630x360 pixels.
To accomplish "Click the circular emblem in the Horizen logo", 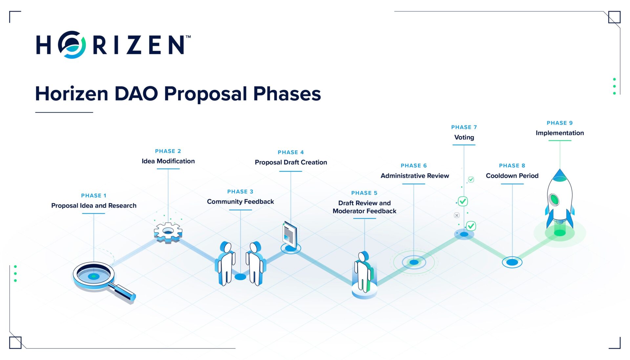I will tap(72, 45).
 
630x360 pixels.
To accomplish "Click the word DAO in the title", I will tap(136, 94).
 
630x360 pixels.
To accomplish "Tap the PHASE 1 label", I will tap(94, 196).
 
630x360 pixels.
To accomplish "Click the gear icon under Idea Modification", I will tap(168, 232).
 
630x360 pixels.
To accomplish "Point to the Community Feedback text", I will tap(240, 201).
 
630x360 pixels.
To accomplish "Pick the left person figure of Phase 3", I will tap(226, 263).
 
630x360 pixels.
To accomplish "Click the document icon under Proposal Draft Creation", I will tap(290, 235).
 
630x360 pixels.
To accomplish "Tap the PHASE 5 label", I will tap(364, 193).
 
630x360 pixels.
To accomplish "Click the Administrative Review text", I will tap(414, 176).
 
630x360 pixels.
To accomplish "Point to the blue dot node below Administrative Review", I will tap(414, 262).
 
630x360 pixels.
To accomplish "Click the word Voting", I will tap(464, 137).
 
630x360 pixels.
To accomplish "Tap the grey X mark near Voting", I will tap(456, 215).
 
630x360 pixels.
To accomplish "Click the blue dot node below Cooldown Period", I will tap(512, 262).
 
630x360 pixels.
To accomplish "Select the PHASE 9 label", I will tap(559, 123).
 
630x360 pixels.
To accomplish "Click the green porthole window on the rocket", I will tap(554, 199).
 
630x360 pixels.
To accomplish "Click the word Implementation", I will tap(559, 133).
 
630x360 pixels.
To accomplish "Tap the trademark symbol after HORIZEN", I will tap(188, 37).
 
